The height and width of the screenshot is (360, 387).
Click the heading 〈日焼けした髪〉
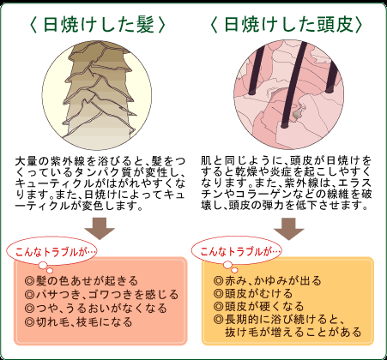(97, 24)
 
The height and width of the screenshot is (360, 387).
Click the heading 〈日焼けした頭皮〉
(287, 24)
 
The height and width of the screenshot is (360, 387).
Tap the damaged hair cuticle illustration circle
(97, 95)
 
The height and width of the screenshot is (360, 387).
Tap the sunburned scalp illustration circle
(288, 94)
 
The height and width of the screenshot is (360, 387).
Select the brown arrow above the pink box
(100, 229)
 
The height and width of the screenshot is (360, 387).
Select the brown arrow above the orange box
(288, 229)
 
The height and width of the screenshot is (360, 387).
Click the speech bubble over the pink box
(51, 252)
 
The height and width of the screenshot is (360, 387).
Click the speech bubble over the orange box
(236, 252)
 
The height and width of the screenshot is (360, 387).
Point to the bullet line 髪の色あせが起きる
(82, 281)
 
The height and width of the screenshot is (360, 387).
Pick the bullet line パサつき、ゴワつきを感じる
(101, 295)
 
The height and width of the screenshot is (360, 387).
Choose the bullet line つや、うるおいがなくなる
(95, 309)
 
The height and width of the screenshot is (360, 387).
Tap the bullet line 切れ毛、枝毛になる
(78, 322)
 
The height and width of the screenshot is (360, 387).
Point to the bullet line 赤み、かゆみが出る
(268, 280)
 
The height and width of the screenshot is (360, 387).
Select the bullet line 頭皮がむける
(253, 293)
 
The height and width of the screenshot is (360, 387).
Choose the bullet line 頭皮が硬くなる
(259, 306)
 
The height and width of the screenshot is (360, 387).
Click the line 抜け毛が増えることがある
(293, 332)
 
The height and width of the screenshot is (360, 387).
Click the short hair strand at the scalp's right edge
(333, 76)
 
